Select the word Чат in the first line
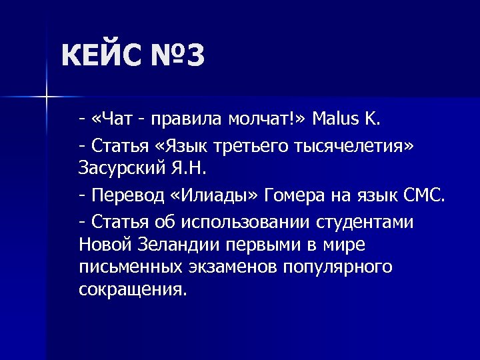[118, 119]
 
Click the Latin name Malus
[336, 119]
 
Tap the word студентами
[367, 222]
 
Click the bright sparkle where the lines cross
[46, 98]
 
